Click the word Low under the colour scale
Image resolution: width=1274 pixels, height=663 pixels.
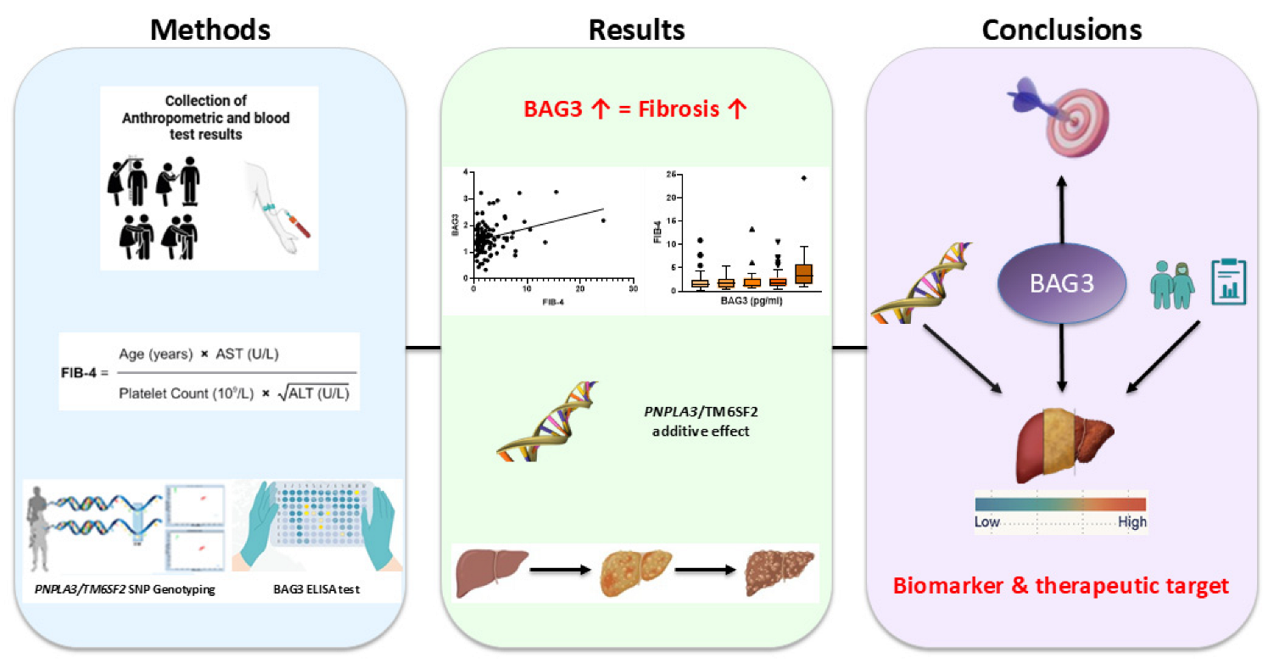click(x=987, y=521)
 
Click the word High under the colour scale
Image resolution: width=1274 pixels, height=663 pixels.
click(x=1132, y=521)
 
